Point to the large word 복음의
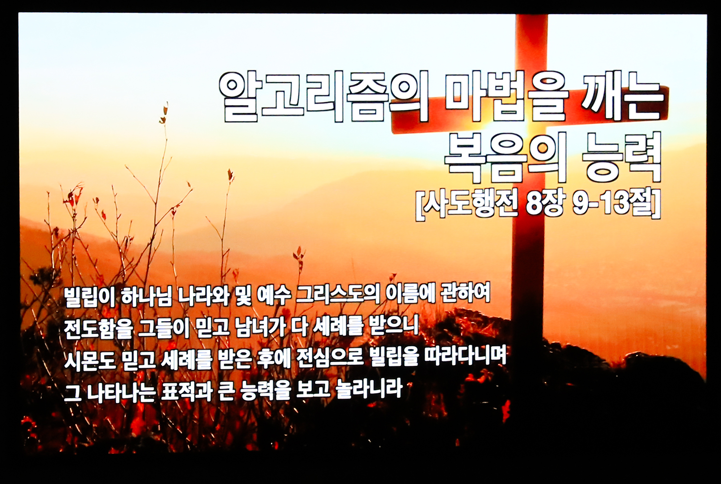pyautogui.click(x=506, y=158)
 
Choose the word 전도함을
pyautogui.click(x=98, y=328)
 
